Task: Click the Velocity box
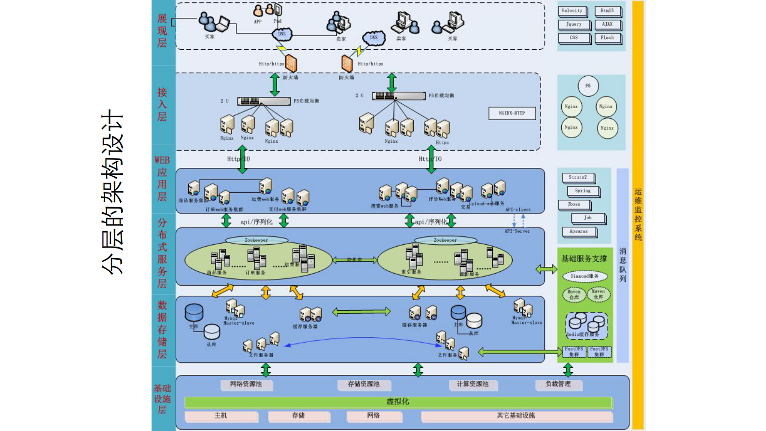click(572, 11)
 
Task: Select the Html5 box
click(607, 11)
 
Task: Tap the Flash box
click(607, 38)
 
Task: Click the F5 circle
click(588, 86)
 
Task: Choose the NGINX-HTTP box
click(512, 113)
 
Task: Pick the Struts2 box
click(578, 178)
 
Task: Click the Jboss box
click(574, 205)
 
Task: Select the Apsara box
click(579, 232)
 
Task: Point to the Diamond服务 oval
click(585, 277)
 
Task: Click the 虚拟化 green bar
click(398, 402)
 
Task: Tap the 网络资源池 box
click(246, 384)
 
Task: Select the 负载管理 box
click(558, 384)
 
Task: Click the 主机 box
click(221, 416)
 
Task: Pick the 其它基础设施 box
click(515, 416)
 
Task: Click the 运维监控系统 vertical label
click(638, 214)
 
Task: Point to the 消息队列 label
click(623, 264)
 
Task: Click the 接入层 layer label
click(162, 104)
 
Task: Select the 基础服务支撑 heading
click(584, 259)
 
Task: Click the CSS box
click(573, 38)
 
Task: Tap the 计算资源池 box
click(473, 384)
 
